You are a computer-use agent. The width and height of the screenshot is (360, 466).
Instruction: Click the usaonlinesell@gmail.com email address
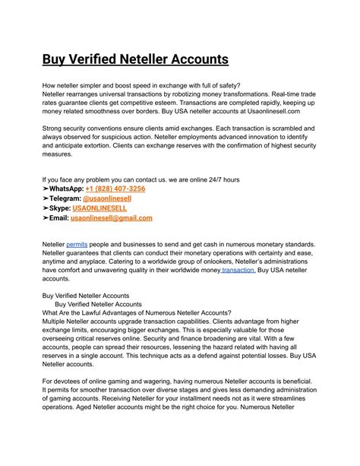[x=111, y=217]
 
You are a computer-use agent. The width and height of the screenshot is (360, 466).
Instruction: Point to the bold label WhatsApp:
[x=65, y=189]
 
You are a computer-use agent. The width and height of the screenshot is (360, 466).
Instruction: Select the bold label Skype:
[x=60, y=208]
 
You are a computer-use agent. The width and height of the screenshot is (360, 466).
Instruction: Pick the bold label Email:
[x=58, y=217]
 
